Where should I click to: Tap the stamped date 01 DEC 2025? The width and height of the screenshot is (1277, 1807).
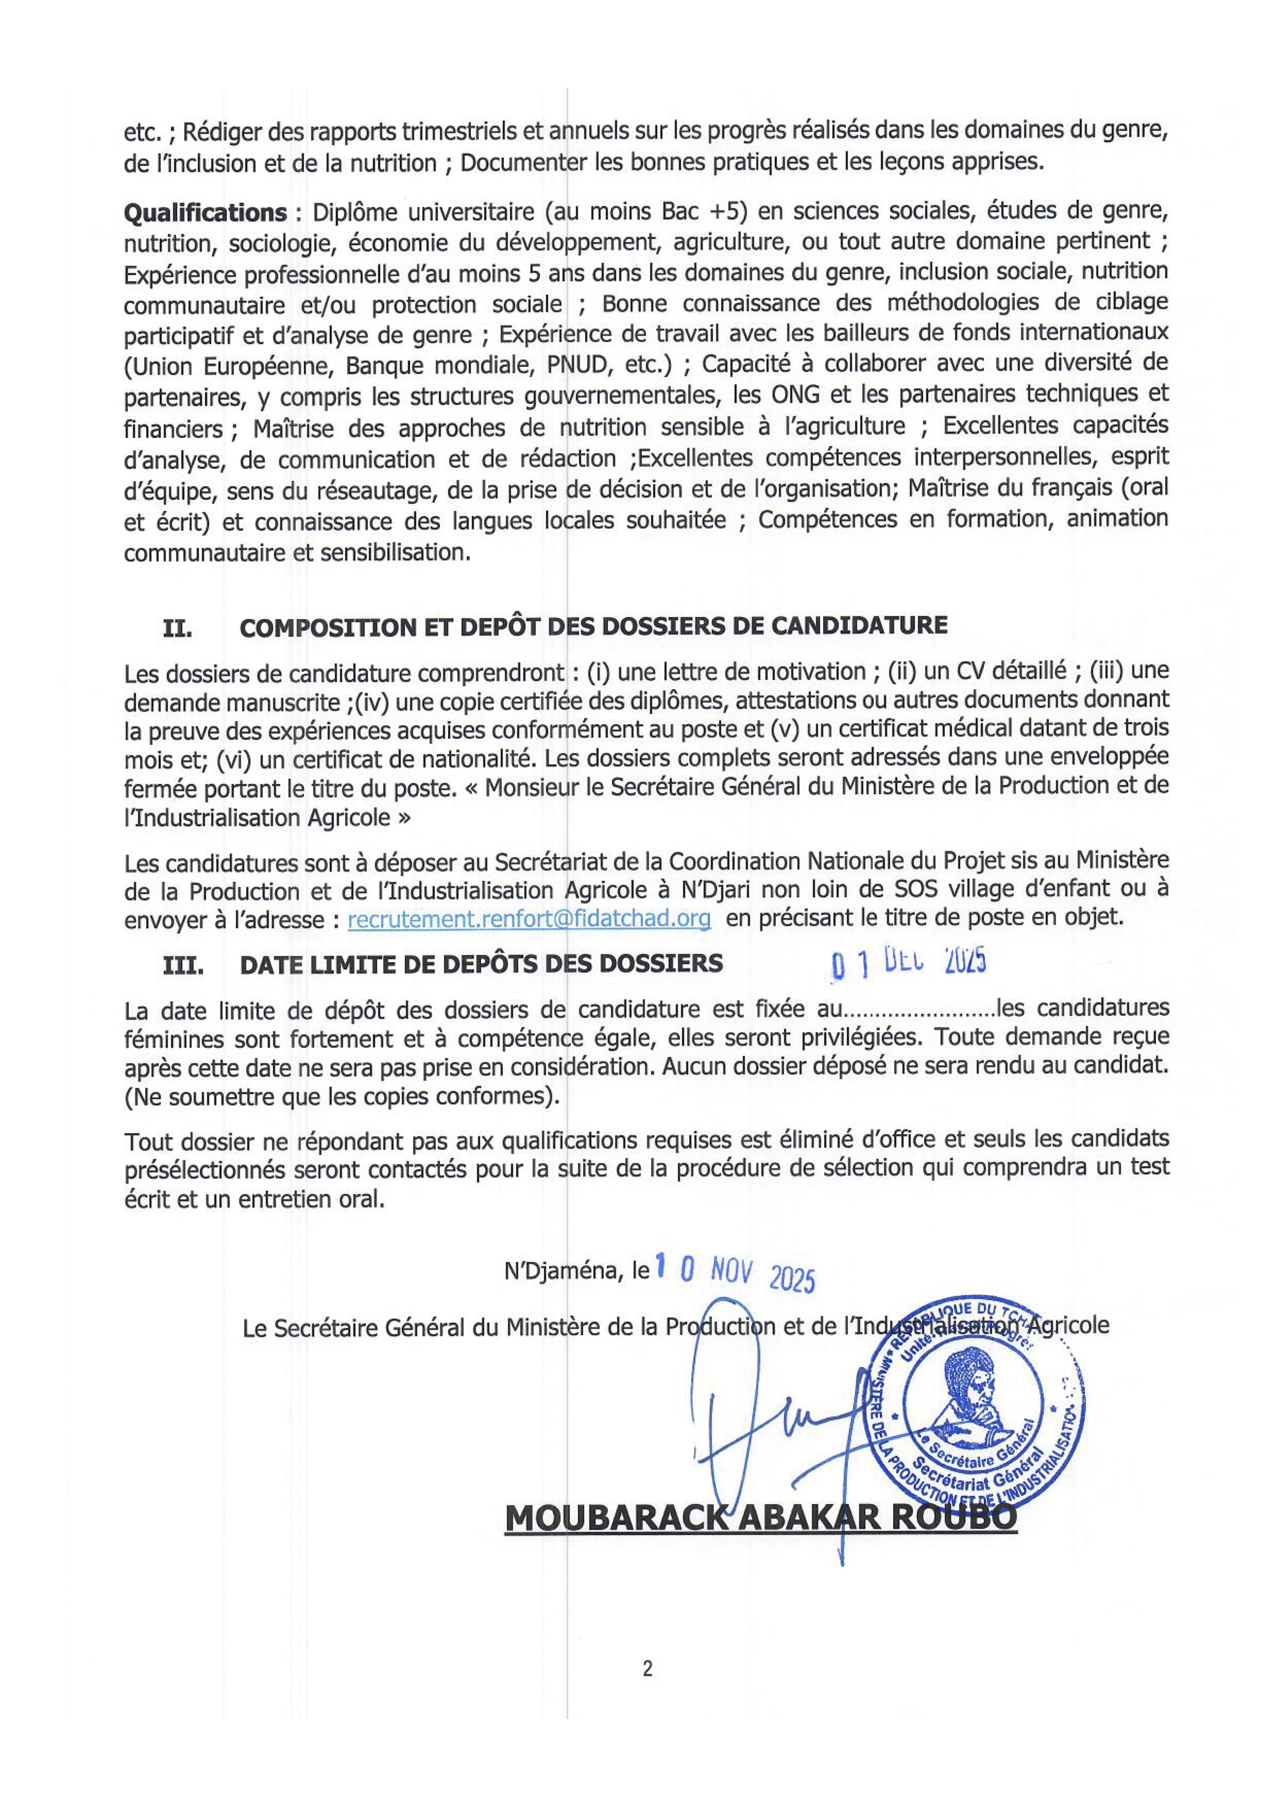tap(909, 963)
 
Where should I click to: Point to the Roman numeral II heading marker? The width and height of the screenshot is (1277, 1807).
tap(178, 628)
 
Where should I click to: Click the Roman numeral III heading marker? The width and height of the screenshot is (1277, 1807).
tap(182, 966)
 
